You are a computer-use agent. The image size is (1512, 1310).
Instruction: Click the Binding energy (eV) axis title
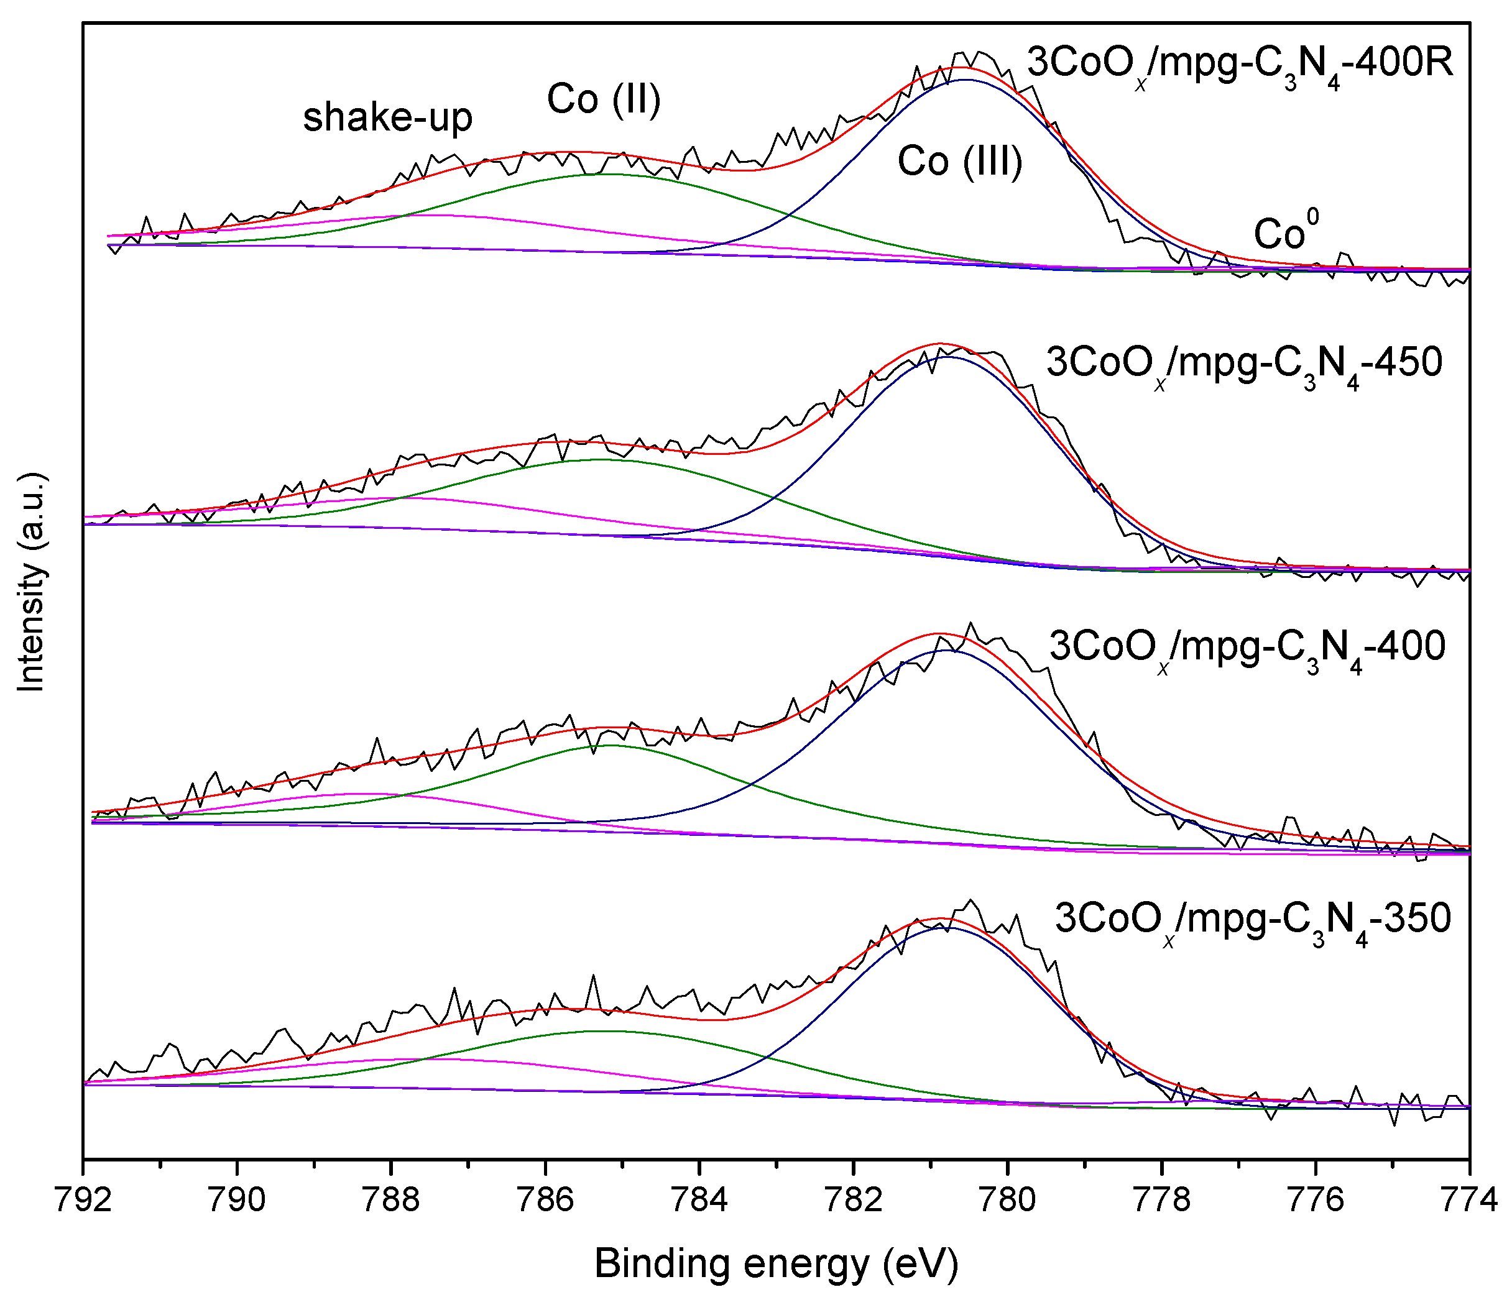point(776,1264)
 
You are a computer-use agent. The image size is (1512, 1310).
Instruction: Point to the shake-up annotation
point(387,117)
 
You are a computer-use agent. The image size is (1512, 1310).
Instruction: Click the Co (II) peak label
point(604,99)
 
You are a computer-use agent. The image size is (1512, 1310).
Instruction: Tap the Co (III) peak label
point(960,161)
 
